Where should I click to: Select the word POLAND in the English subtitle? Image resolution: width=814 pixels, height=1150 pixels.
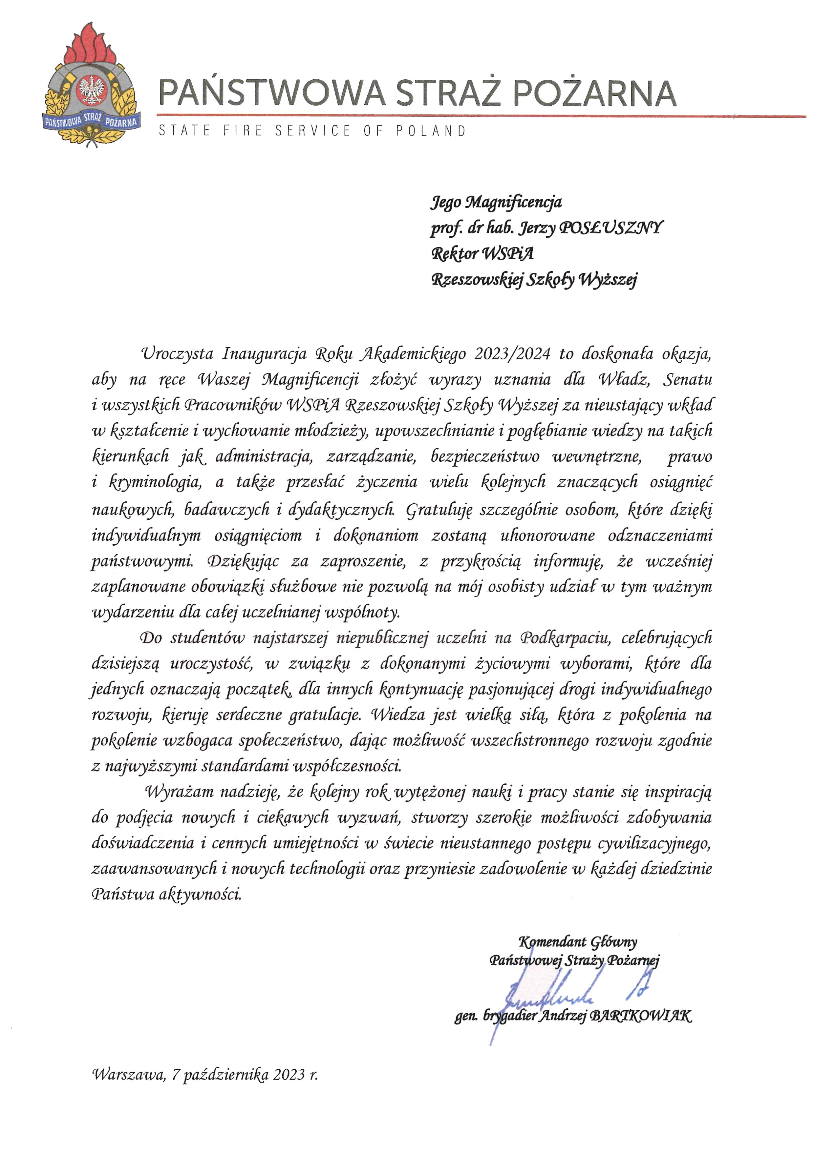coord(431,131)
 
